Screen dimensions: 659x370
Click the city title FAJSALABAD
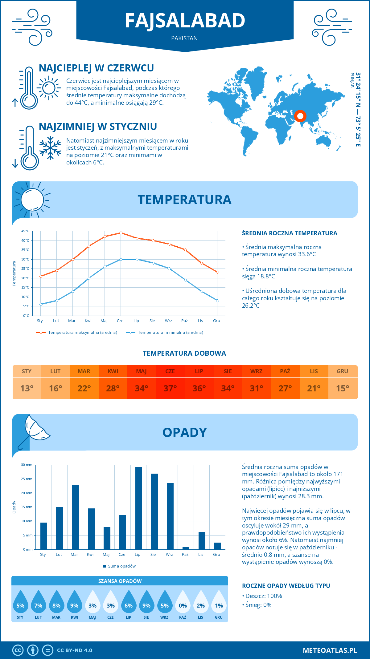[x=185, y=21]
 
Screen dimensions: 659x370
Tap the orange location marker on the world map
[x=300, y=116]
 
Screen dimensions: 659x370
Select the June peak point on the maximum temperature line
[x=121, y=233]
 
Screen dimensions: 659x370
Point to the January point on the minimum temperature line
[x=41, y=304]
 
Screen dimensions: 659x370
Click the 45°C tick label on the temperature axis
[x=25, y=231]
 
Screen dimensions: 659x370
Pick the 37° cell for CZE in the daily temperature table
[x=170, y=388]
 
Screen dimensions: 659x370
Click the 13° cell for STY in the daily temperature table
[x=27, y=388]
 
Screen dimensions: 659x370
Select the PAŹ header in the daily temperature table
[x=285, y=371]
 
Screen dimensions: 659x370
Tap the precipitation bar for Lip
[x=139, y=508]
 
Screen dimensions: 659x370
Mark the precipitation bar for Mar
[x=76, y=517]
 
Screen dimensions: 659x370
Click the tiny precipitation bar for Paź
[x=186, y=548]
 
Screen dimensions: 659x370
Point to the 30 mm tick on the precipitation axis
[x=27, y=465]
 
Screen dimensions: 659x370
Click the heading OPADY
[x=184, y=432]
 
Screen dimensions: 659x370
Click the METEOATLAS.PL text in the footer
[x=330, y=650]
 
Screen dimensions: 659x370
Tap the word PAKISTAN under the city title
[x=184, y=38]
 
